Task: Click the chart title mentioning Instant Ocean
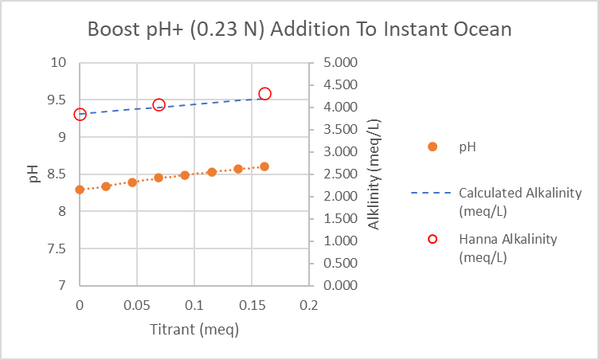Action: point(299,29)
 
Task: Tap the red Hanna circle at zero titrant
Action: point(80,109)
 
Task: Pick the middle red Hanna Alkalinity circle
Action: point(159,100)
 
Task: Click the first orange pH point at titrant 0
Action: point(80,190)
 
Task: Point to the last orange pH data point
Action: point(264,166)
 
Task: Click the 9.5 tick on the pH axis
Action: point(57,100)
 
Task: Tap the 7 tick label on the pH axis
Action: point(62,285)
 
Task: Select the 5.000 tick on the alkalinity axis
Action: point(340,62)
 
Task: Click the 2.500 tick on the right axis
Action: point(340,174)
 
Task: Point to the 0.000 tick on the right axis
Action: point(340,285)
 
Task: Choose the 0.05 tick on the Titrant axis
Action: point(137,305)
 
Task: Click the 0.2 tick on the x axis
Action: point(309,305)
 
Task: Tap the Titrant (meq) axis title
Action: point(194,330)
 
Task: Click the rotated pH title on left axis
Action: point(33,174)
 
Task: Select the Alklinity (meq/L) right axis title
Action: point(374,174)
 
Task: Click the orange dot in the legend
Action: point(433,147)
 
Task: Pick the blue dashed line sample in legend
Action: point(431,193)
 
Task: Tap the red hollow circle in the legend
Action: point(433,239)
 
